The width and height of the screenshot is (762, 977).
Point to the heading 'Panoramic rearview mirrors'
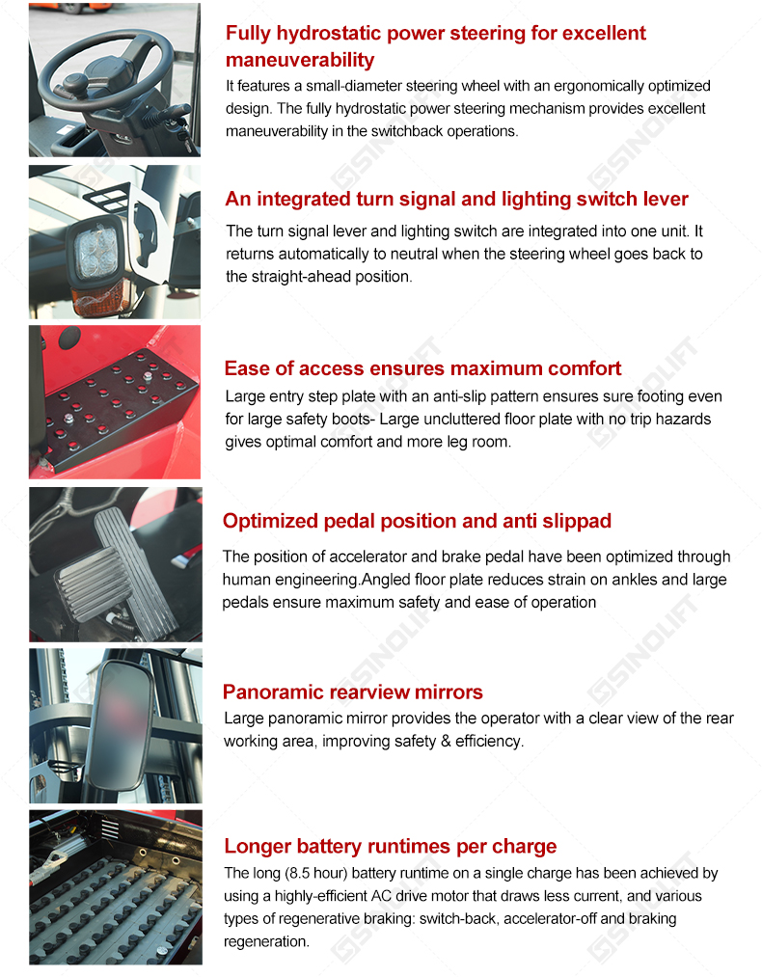[x=353, y=692]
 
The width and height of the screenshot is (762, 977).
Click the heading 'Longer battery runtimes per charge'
[x=390, y=846]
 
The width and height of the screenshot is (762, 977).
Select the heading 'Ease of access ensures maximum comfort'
[x=422, y=368]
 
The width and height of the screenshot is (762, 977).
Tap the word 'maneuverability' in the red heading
[x=300, y=60]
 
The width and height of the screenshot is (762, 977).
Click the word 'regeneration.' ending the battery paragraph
[x=266, y=941]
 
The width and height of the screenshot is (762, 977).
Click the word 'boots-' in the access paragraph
[x=353, y=419]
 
